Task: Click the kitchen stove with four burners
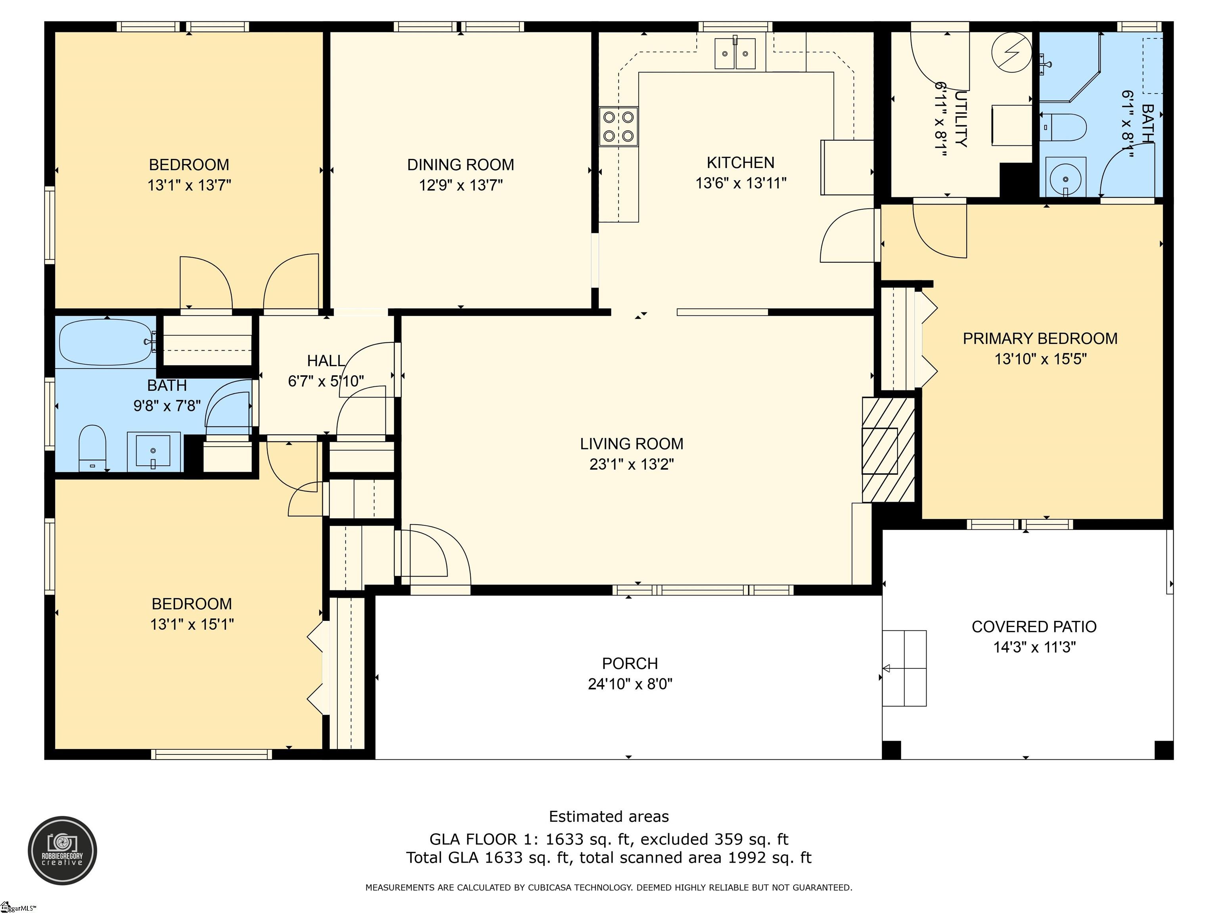619,126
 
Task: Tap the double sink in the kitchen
735,53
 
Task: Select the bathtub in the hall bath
106,342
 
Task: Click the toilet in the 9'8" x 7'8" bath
92,448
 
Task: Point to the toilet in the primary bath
1063,127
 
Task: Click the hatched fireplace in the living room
888,450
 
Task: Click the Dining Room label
460,164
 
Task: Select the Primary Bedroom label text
1040,338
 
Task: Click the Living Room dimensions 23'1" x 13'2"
632,464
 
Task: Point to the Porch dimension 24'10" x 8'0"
630,684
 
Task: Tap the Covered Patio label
1034,627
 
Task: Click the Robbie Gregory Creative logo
62,851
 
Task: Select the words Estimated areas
609,817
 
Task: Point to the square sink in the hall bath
153,451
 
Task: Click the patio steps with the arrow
904,668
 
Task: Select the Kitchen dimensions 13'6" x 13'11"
741,183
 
